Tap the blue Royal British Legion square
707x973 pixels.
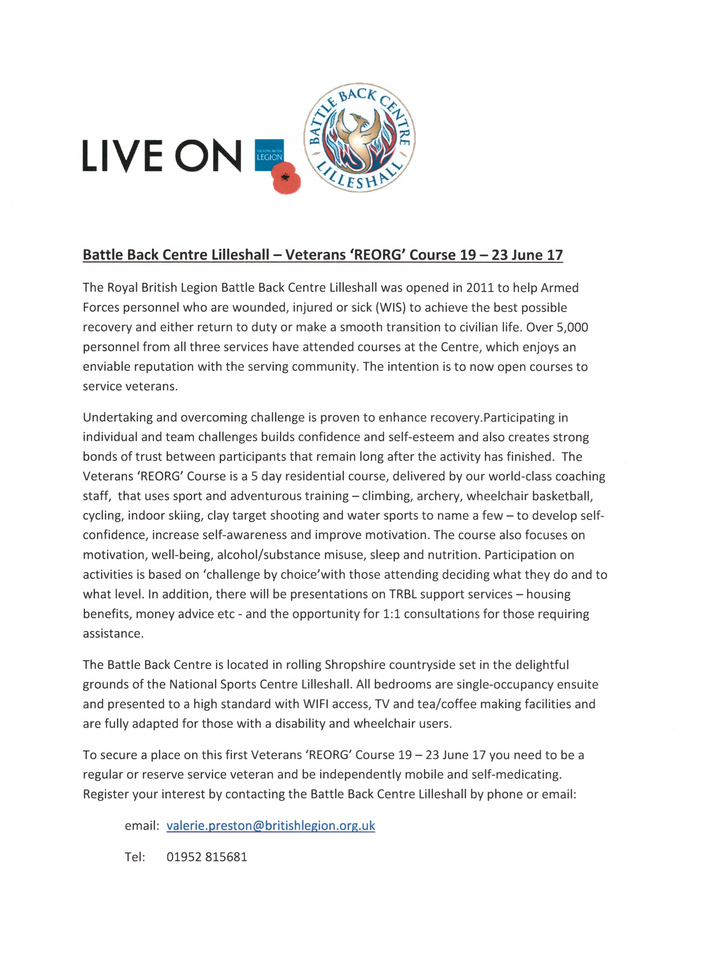tap(269, 154)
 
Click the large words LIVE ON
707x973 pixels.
tap(162, 156)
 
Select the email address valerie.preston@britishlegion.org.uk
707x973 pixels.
tap(271, 826)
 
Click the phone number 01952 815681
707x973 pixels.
tap(207, 857)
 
